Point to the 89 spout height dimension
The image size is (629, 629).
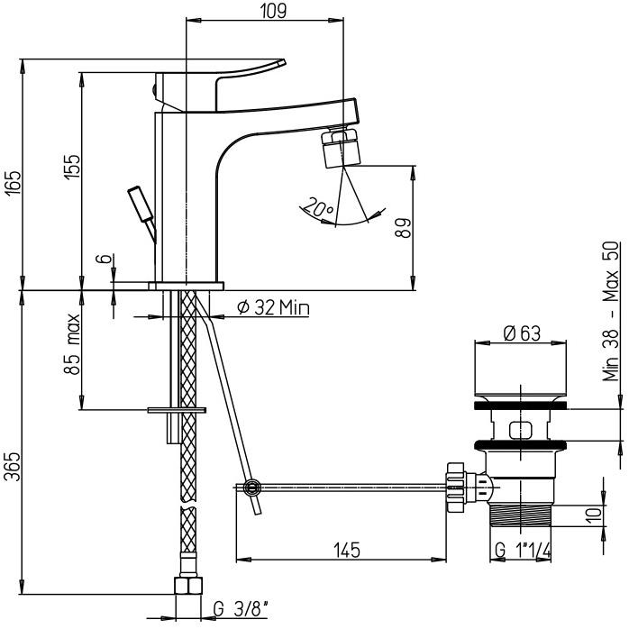[403, 225]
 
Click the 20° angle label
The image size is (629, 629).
[318, 209]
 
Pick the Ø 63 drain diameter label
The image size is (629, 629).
[523, 333]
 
